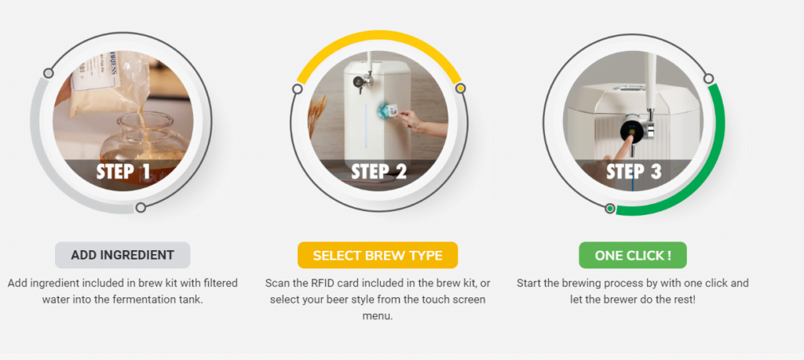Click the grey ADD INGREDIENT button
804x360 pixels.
[122, 255]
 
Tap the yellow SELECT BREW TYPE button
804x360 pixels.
[378, 255]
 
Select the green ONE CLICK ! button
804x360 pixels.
[633, 255]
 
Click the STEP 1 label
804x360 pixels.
[123, 172]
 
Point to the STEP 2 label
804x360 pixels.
[379, 172]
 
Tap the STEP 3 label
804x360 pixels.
[634, 172]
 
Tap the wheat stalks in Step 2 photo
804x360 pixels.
[317, 114]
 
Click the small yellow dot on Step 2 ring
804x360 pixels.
[460, 89]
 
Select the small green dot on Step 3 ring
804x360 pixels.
[609, 209]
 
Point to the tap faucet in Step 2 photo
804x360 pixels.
[362, 82]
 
